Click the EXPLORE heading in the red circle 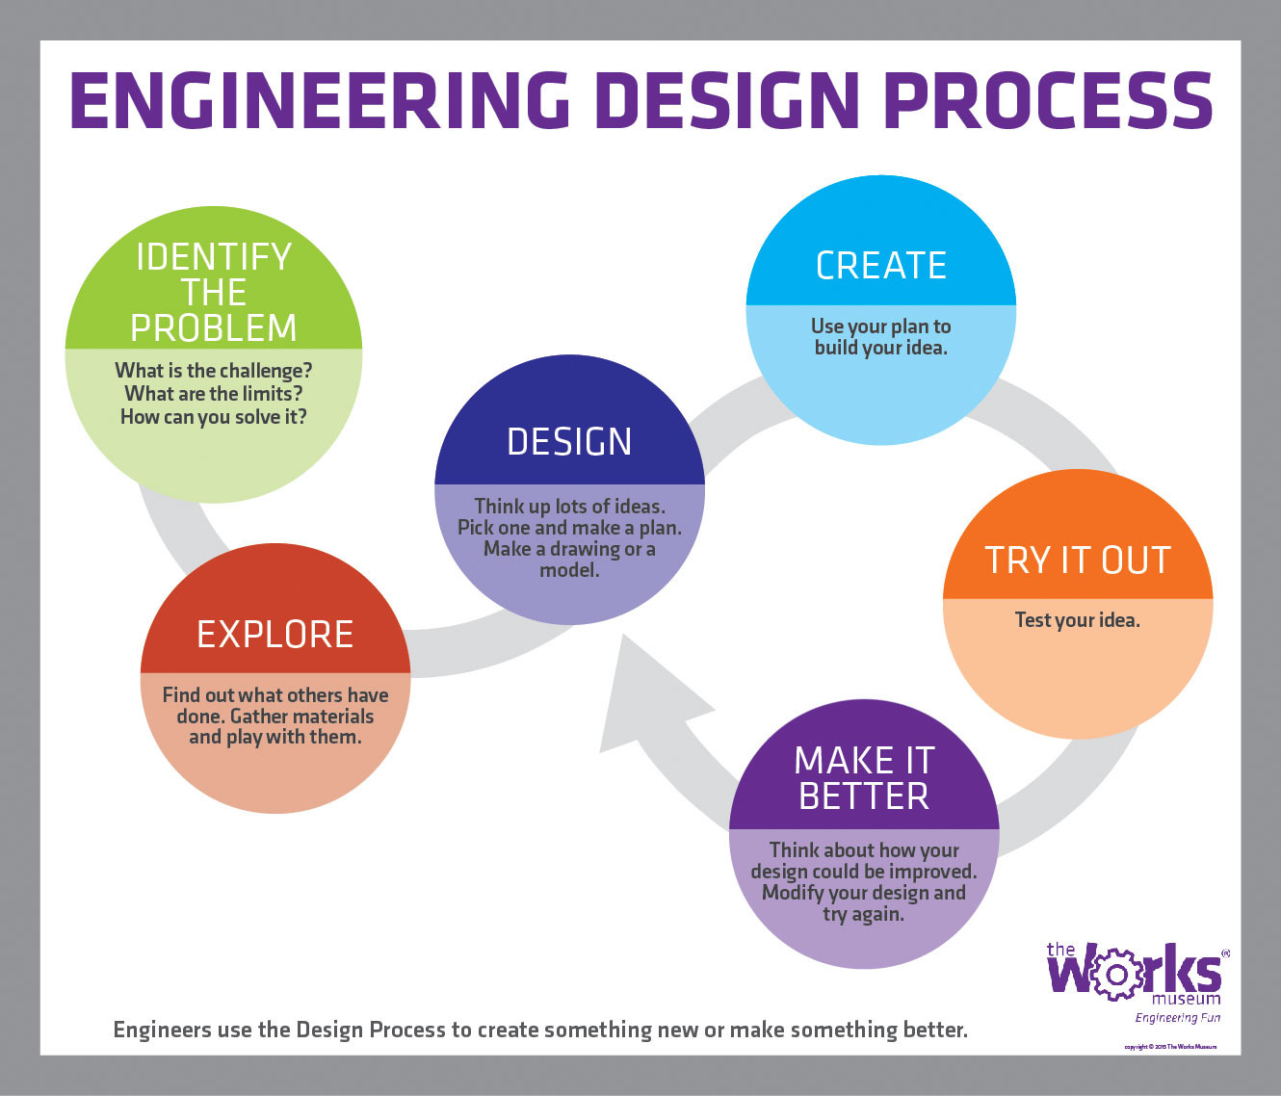(275, 635)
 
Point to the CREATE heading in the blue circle (881, 266)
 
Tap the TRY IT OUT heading (1077, 561)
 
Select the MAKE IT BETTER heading (864, 779)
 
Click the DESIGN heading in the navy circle (569, 442)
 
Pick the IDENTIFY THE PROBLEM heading (214, 293)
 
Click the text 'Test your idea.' (1077, 620)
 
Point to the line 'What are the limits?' (214, 394)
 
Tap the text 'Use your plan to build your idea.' (881, 337)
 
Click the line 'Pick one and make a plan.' (569, 528)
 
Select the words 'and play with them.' (275, 738)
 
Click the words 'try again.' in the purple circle (864, 914)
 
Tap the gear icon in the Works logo (1113, 975)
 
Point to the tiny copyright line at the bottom (1169, 1046)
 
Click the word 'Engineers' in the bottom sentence (163, 1030)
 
